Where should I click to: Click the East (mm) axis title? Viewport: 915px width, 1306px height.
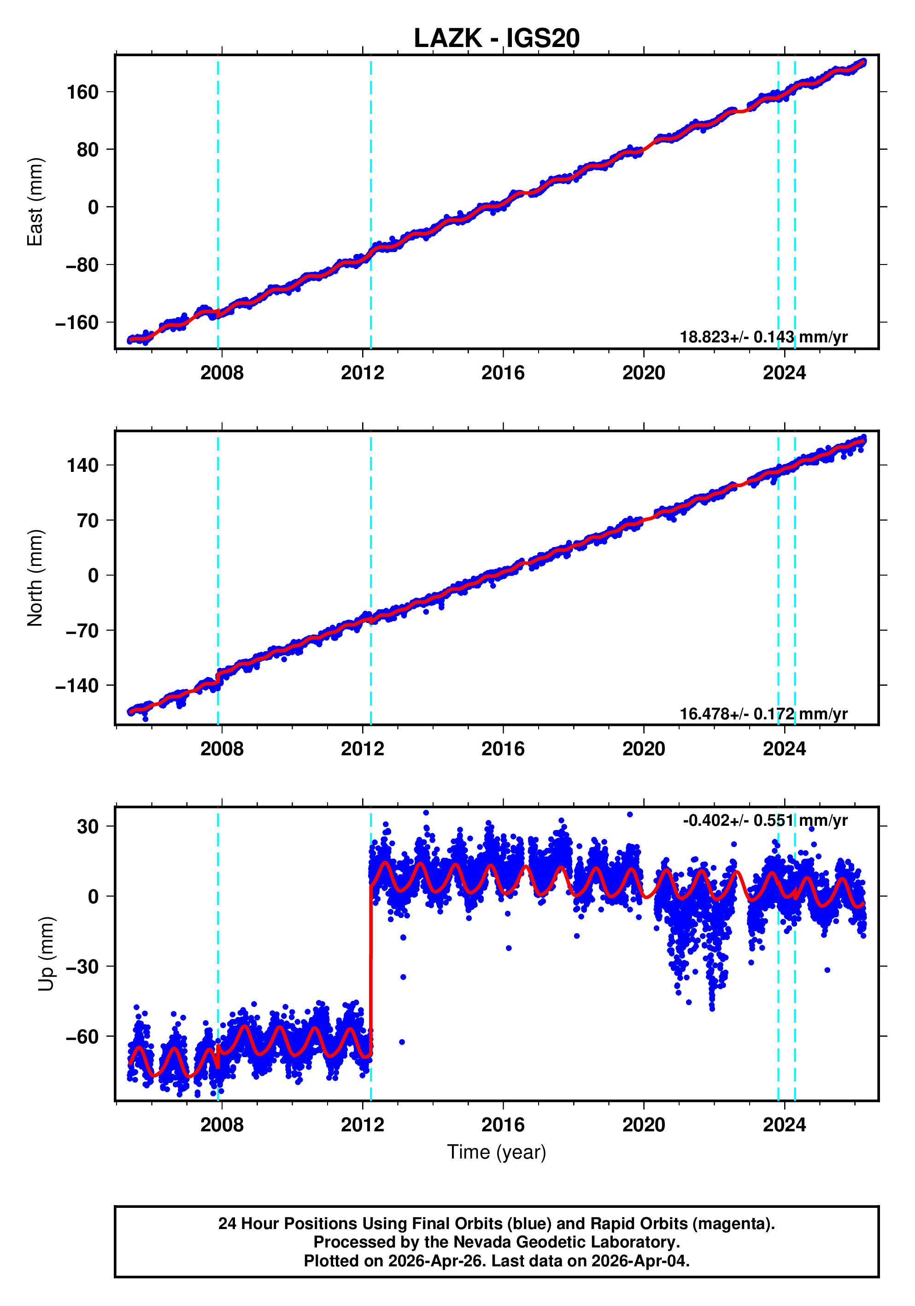coord(35,202)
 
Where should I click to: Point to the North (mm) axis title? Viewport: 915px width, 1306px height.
coord(35,578)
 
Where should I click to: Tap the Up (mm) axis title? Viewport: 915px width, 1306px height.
coord(46,954)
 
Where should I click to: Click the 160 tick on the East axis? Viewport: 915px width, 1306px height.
coord(82,92)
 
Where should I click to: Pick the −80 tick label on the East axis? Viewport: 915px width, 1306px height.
coord(82,265)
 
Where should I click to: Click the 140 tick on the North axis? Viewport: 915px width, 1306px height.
coord(82,465)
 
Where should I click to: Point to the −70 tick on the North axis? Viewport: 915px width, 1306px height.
coord(82,631)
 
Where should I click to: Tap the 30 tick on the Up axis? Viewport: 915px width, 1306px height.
coord(88,826)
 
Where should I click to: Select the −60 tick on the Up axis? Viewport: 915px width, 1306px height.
coord(82,1037)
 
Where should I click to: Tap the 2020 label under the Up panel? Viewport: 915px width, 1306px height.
coord(643,1125)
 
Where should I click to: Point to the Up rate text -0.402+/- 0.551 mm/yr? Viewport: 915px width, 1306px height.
coord(765,820)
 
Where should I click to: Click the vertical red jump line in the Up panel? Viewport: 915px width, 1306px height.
coord(371,967)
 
